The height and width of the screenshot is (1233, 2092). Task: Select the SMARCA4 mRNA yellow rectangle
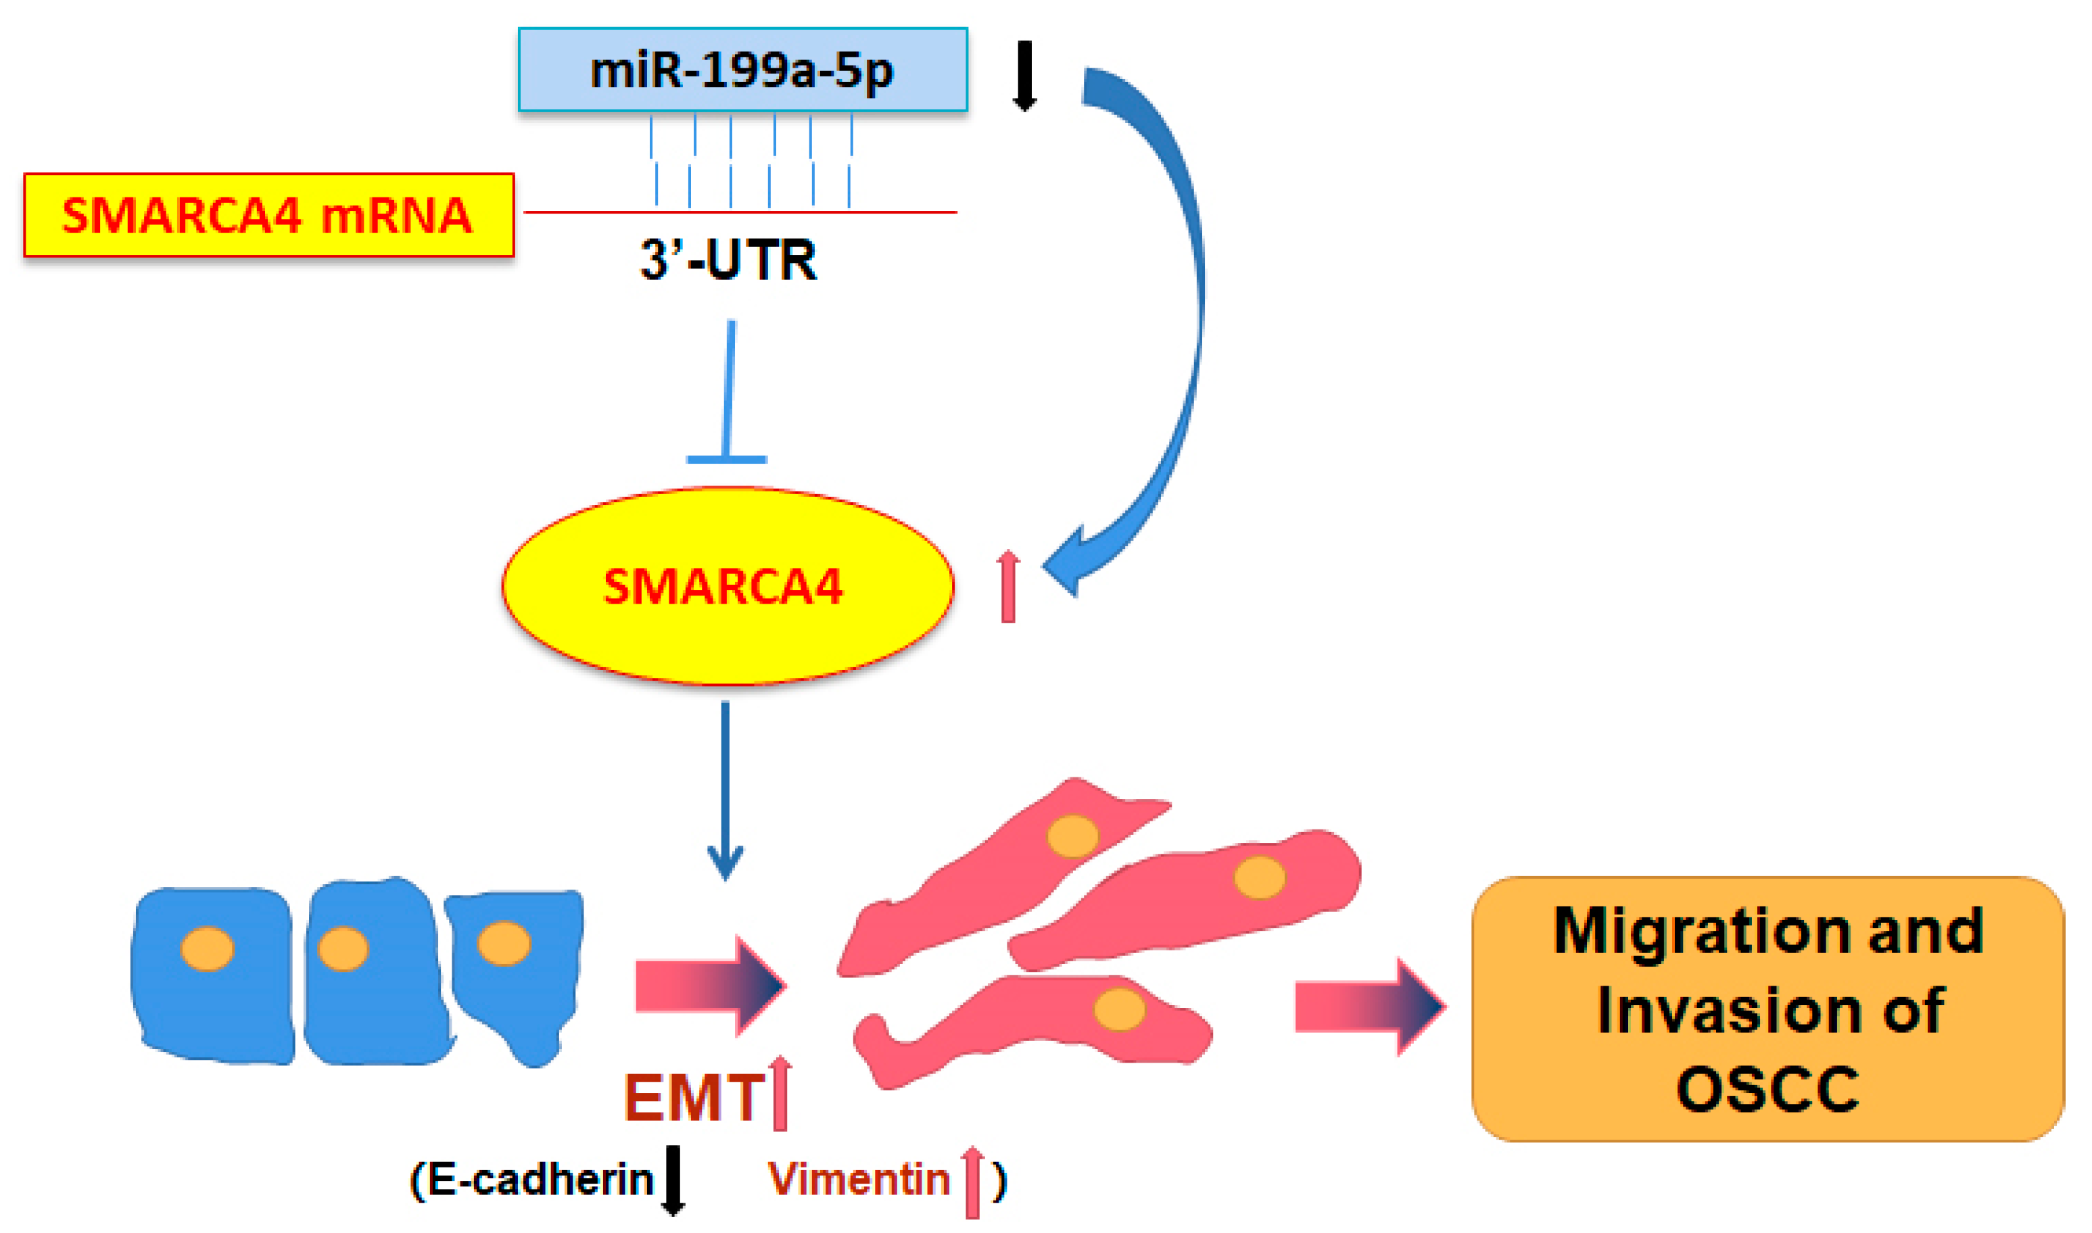click(268, 215)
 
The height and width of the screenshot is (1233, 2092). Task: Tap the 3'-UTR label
click(728, 261)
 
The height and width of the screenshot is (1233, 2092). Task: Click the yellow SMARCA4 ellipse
click(727, 587)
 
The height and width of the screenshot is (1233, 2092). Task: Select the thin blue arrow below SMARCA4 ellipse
click(726, 790)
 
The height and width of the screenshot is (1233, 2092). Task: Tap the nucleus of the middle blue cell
click(343, 949)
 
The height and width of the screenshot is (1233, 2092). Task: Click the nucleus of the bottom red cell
click(1119, 1009)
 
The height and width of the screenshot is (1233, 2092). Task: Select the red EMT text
click(694, 1098)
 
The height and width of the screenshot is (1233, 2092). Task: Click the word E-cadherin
click(540, 1180)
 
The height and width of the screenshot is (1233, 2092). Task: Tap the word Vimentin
click(858, 1180)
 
